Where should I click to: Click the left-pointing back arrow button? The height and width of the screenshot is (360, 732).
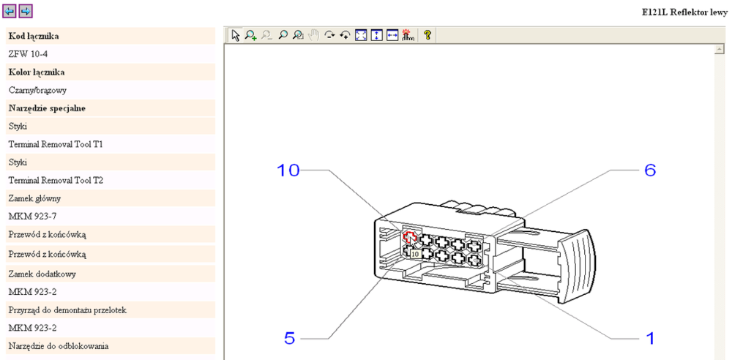click(x=10, y=11)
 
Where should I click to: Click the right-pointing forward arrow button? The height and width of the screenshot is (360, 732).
click(x=26, y=11)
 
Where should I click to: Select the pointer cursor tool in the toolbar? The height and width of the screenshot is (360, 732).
click(x=235, y=34)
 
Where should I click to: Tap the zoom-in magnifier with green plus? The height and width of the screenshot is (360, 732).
click(x=250, y=34)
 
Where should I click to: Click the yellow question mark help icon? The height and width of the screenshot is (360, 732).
click(x=427, y=34)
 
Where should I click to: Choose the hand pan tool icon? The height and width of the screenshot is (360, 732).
click(x=313, y=34)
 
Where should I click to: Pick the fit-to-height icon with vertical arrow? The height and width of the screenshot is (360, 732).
click(x=376, y=34)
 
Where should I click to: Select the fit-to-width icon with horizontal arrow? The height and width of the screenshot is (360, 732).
click(x=392, y=34)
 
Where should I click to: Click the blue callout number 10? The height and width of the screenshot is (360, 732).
click(x=288, y=170)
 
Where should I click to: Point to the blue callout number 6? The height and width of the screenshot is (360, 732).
click(x=649, y=170)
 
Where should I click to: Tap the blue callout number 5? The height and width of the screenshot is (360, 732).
click(x=291, y=338)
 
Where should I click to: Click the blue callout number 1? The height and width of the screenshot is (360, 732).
click(x=648, y=337)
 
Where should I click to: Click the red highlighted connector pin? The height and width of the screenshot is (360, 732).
click(x=409, y=237)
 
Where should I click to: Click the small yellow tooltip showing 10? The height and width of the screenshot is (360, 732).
click(x=415, y=254)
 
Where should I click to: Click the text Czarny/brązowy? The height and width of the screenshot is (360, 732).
click(x=37, y=90)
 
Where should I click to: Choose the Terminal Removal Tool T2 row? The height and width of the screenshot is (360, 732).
click(x=56, y=180)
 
